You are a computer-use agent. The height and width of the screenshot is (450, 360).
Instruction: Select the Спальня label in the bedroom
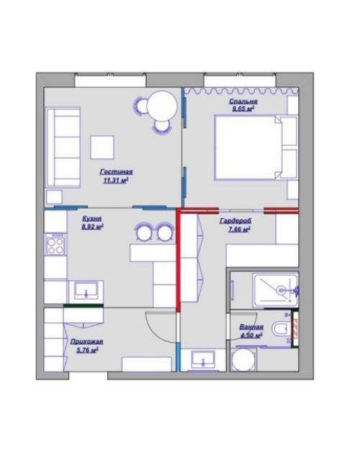click(x=243, y=102)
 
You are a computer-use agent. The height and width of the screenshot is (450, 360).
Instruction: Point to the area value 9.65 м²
click(x=243, y=110)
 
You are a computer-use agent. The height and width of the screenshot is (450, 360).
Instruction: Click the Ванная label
click(x=251, y=327)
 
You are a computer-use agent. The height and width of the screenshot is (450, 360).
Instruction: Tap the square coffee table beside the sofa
click(x=102, y=148)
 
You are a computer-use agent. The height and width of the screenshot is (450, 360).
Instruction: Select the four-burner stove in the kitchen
click(x=55, y=247)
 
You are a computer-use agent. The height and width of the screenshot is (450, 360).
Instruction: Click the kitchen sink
click(x=86, y=291)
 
